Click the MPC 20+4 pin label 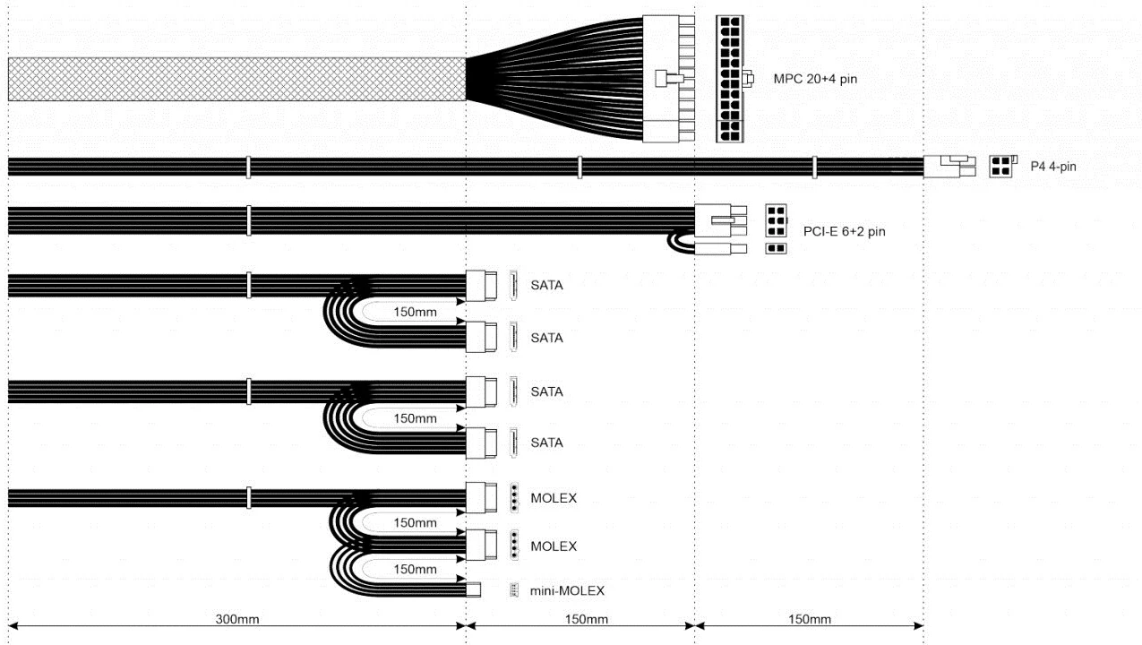pyautogui.click(x=815, y=79)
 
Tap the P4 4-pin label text pyautogui.click(x=1052, y=167)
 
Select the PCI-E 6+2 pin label pyautogui.click(x=844, y=231)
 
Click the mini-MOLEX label pyautogui.click(x=567, y=591)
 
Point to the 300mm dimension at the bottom pyautogui.click(x=237, y=619)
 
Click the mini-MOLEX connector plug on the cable pyautogui.click(x=473, y=590)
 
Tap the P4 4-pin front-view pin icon pyautogui.click(x=1002, y=167)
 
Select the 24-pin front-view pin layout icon pyautogui.click(x=730, y=79)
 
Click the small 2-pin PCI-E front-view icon pyautogui.click(x=776, y=248)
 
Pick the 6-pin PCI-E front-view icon pyautogui.click(x=776, y=220)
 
